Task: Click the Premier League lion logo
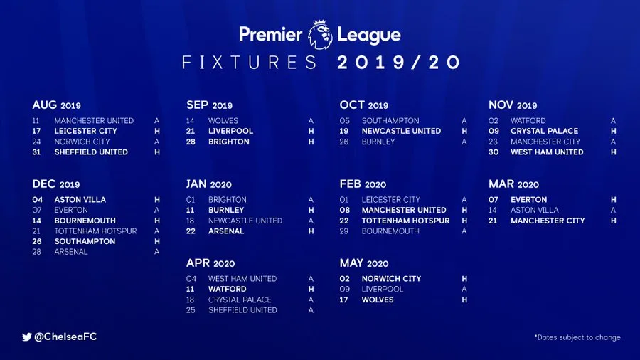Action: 320,34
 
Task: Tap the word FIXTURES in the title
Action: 250,63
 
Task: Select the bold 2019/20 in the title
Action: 399,63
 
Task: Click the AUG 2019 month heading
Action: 57,105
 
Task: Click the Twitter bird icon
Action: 27,337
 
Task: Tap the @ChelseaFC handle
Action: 65,337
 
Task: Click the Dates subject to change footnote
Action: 577,337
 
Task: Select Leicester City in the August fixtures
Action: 85,131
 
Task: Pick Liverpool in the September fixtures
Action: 230,131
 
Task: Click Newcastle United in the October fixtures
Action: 401,131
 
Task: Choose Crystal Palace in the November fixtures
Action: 544,131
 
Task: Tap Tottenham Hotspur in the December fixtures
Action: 95,231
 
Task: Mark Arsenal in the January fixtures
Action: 226,231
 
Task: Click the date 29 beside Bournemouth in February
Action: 345,231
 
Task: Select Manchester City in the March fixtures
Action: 548,221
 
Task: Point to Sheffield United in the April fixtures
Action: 242,310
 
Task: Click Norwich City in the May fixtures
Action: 391,279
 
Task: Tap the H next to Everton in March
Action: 613,200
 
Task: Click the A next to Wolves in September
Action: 311,121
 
